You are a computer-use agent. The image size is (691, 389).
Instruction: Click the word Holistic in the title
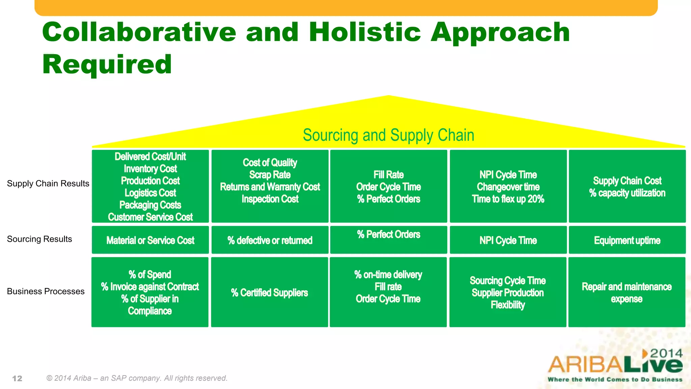364,32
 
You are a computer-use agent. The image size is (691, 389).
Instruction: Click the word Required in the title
107,64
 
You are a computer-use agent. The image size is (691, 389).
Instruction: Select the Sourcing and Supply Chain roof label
388,135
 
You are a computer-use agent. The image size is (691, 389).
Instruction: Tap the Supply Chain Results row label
48,183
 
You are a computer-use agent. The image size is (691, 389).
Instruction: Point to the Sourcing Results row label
39,239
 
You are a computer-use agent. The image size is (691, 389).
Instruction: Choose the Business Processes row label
46,291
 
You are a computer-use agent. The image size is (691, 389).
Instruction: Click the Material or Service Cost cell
150,240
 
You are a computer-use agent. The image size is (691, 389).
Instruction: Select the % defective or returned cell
270,240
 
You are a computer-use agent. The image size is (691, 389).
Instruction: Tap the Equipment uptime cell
627,240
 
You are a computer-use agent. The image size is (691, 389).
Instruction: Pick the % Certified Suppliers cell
269,293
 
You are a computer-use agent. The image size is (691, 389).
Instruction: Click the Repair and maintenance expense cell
627,293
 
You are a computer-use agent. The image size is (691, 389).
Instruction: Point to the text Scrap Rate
270,175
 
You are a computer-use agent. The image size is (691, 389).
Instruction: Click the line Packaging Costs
150,205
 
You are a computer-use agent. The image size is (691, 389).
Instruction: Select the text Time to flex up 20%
508,199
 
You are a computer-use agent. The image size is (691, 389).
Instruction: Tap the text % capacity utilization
627,193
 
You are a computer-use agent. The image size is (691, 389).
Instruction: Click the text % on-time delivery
388,275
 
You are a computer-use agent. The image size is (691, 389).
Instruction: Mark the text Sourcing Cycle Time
507,281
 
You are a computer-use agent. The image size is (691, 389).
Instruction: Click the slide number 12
17,379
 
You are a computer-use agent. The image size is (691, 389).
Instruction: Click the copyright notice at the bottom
137,378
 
